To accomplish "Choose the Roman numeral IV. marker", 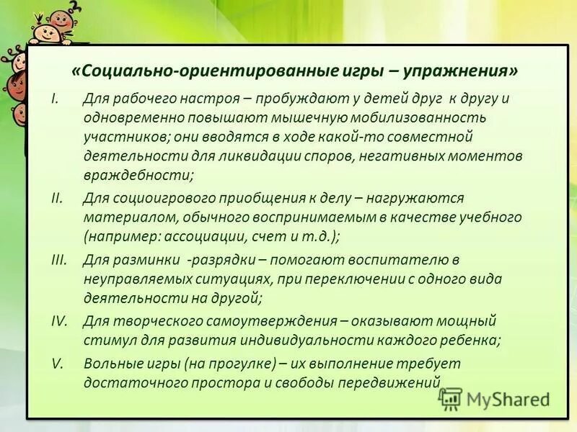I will (x=58, y=321).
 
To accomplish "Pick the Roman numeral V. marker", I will (x=57, y=364).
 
